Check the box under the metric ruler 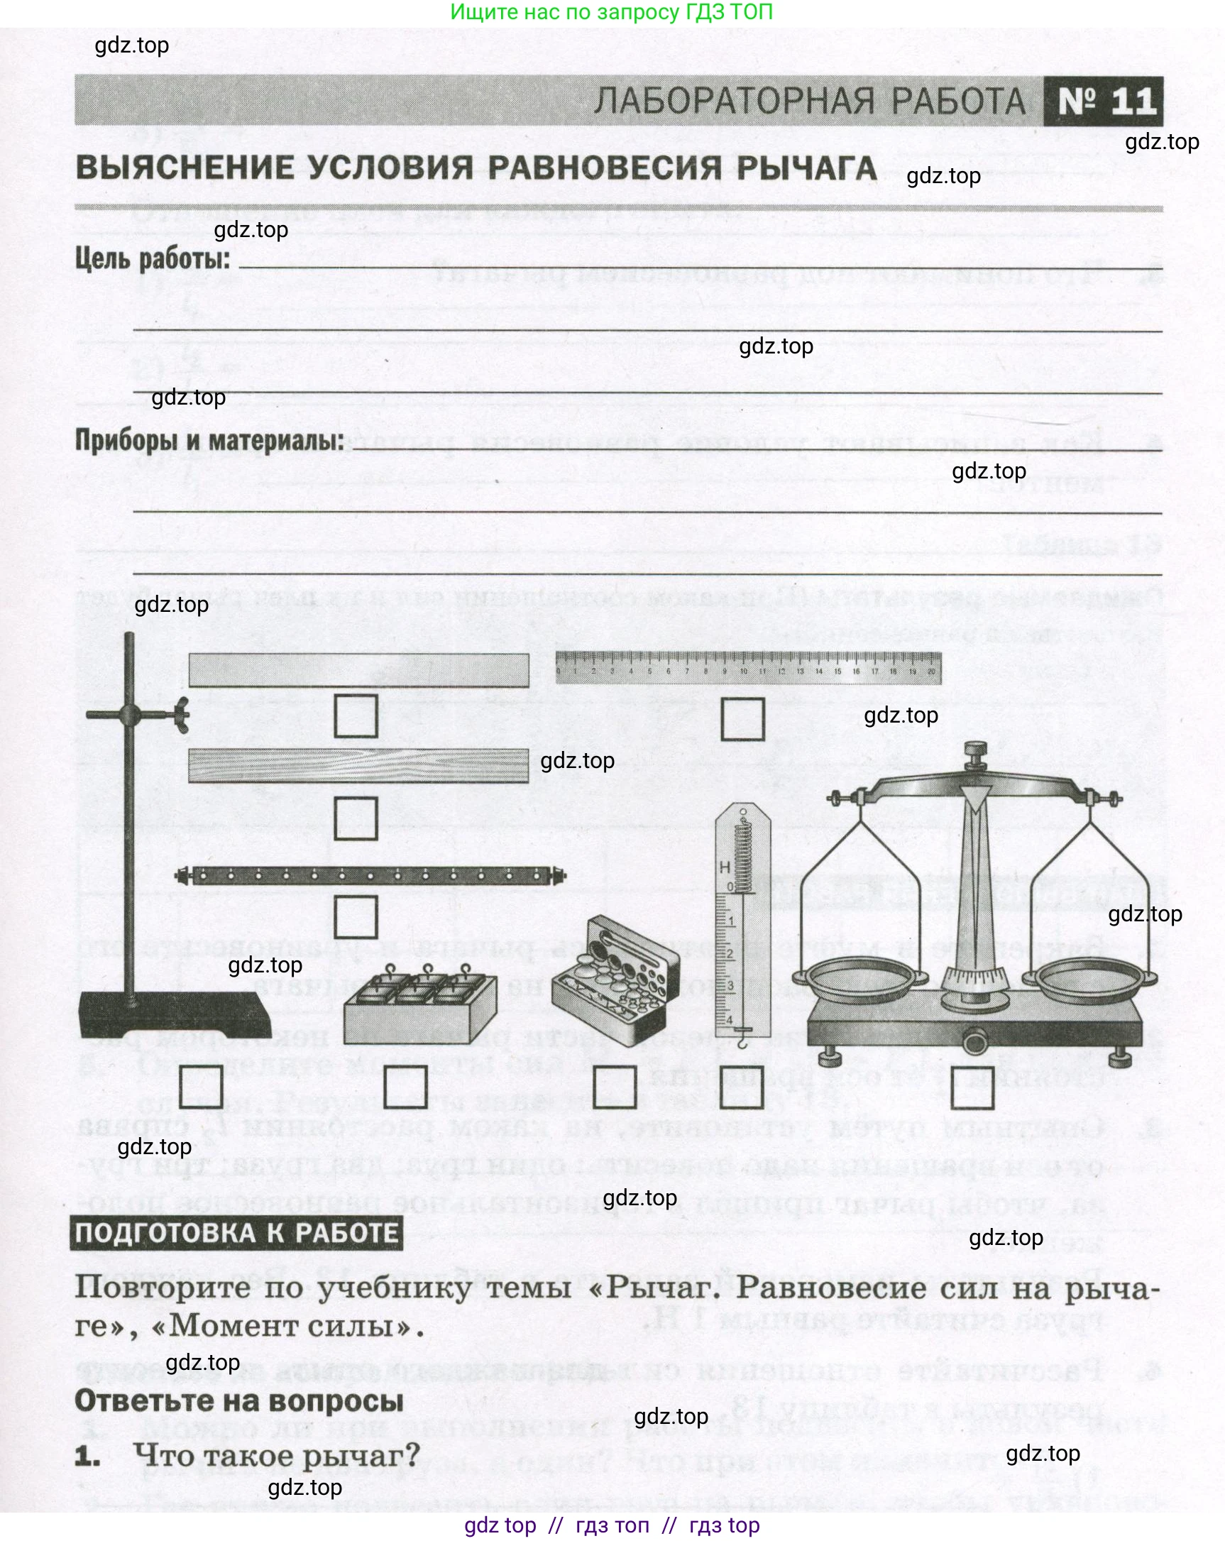point(742,719)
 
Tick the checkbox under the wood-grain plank point(356,818)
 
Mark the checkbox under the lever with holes point(356,917)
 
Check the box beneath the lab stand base point(201,1087)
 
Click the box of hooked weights point(419,1008)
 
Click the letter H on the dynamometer point(725,867)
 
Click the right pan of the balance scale point(1092,978)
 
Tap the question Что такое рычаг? point(276,1454)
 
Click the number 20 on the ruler point(930,672)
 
